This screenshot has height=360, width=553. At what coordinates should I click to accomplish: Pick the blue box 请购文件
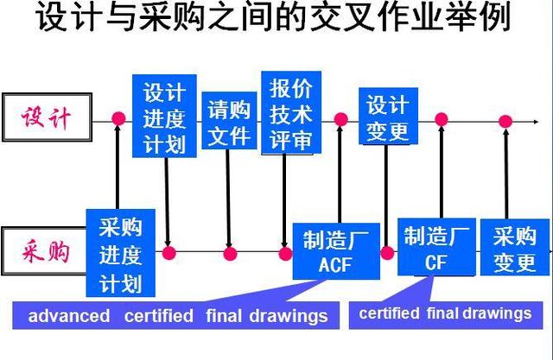tap(229, 123)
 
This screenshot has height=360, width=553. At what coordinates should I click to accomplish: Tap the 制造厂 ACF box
tap(335, 250)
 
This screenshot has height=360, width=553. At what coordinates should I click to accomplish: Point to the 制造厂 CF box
tap(436, 249)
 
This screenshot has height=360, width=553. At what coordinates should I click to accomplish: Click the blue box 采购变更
tap(515, 249)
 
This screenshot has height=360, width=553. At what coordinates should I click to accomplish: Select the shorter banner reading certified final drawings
tap(445, 313)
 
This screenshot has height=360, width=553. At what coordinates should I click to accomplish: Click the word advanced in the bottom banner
tap(69, 316)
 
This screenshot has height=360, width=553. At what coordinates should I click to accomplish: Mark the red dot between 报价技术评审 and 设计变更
tap(340, 119)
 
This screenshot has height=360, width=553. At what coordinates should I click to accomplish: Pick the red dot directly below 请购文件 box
tap(230, 253)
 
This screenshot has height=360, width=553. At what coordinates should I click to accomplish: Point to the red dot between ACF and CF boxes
tap(387, 253)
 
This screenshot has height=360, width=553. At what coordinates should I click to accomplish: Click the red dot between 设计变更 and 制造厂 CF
tap(441, 119)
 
